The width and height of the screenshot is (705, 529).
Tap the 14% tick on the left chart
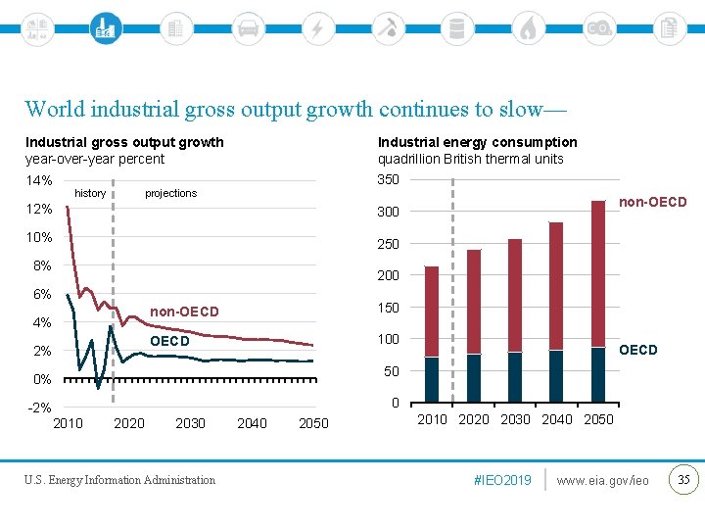coord(39,181)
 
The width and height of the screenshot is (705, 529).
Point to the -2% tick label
coord(39,408)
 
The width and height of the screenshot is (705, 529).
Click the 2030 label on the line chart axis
coord(190,423)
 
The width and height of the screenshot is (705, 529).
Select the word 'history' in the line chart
coord(90,193)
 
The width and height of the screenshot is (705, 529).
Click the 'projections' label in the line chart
coord(170,193)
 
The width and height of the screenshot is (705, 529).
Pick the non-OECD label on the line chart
coord(184,312)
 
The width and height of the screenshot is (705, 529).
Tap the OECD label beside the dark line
coord(169,342)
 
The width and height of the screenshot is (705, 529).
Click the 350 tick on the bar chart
coord(388,179)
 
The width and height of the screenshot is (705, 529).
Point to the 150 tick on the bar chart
coord(388,308)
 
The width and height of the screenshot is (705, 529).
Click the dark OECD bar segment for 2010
coord(432,380)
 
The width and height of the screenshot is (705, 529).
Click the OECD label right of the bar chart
coord(638,350)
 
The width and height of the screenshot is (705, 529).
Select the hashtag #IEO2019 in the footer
coord(502,480)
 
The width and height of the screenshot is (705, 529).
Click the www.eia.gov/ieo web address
coord(602,480)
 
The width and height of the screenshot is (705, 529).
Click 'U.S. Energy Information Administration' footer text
coord(120,480)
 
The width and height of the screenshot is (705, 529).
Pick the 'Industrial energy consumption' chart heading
coord(478,142)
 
